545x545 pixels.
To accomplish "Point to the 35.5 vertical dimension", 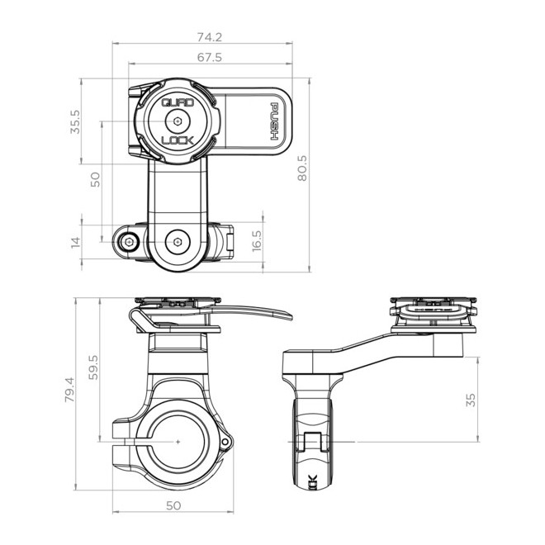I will tap(76, 121).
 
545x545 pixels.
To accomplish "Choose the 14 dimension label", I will tap(76, 242).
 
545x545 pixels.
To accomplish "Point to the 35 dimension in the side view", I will tap(471, 400).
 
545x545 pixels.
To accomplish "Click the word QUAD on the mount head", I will tap(177, 103).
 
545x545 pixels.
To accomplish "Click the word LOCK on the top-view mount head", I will tap(177, 140).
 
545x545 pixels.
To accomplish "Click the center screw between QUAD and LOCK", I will tap(177, 121).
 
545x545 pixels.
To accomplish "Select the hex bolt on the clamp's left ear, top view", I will tap(128, 242).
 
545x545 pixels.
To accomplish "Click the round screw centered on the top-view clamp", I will tap(177, 243).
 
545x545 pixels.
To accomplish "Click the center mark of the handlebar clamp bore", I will tap(178, 442).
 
